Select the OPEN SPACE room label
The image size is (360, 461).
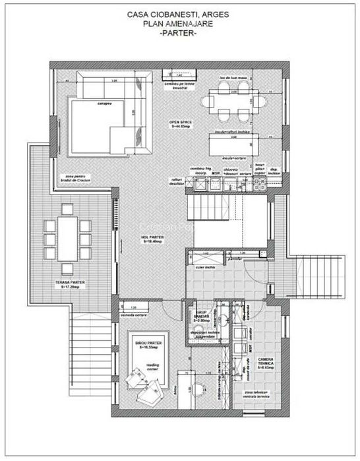pyautogui.click(x=180, y=123)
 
